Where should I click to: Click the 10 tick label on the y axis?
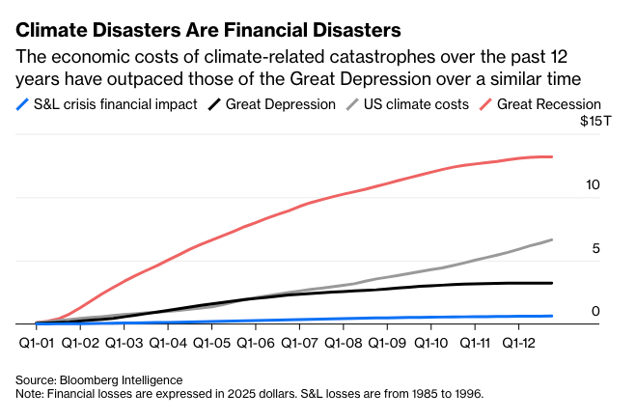point(593,183)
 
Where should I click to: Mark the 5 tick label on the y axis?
point(595,247)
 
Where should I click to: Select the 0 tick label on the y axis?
point(595,311)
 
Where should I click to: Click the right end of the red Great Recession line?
point(551,156)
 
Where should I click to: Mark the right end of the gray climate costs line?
point(551,239)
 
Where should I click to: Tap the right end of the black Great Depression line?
point(551,283)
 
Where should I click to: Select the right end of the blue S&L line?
point(551,316)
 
